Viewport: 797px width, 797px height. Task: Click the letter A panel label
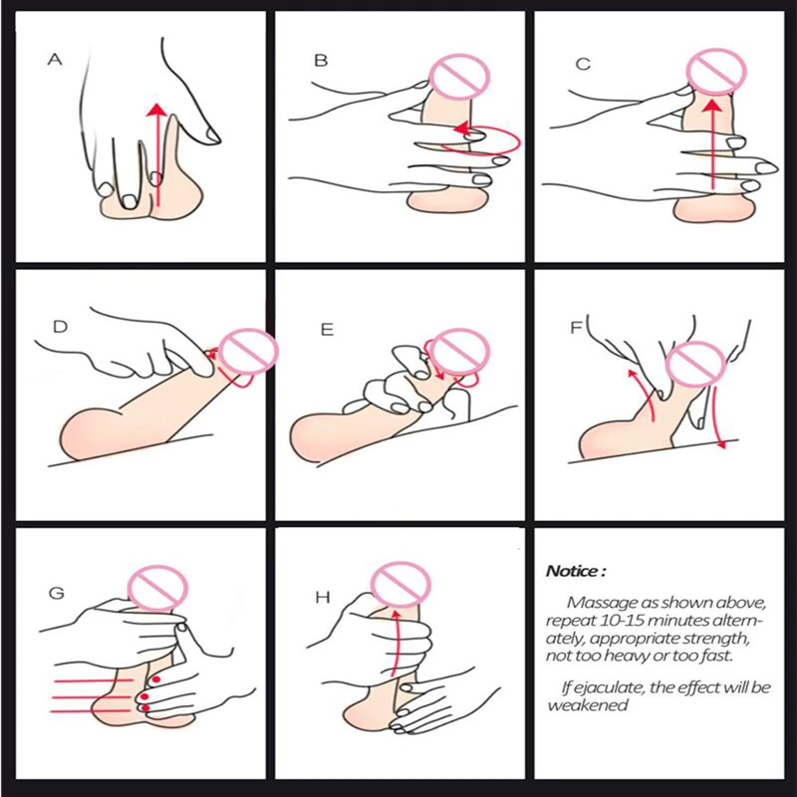[55, 60]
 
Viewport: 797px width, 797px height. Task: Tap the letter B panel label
[321, 61]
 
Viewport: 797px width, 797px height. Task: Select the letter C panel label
[583, 64]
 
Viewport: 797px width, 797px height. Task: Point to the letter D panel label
[60, 327]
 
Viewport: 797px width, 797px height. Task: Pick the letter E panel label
[327, 330]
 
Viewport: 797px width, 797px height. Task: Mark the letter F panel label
[576, 328]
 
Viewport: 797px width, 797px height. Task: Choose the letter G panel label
[57, 593]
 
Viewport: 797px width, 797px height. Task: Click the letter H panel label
[323, 597]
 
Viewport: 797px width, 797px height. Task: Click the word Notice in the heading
[572, 571]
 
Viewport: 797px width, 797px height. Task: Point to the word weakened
[588, 705]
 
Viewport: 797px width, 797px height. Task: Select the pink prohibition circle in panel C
[716, 71]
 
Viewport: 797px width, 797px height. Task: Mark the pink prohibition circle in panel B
[459, 77]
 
